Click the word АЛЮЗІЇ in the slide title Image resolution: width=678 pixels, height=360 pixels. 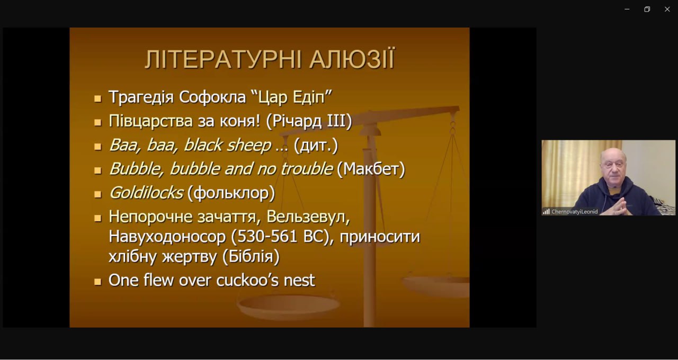352,59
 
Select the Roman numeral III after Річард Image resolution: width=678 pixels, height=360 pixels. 336,121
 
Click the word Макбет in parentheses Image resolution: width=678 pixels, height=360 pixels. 371,169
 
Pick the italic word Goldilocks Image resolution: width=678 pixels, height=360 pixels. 146,193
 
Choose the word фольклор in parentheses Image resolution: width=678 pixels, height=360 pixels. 231,193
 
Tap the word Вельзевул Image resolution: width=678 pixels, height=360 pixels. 308,217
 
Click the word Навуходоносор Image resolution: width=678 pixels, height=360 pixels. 167,236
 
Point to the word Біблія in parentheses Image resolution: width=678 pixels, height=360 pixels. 251,256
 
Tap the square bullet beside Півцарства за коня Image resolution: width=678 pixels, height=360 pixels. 97,122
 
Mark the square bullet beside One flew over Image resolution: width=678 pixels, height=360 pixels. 97,282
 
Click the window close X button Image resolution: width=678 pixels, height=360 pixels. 667,10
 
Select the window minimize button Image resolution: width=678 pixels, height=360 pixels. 627,10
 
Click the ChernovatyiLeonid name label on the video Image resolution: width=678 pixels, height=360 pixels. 574,212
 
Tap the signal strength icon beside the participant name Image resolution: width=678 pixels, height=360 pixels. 546,212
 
